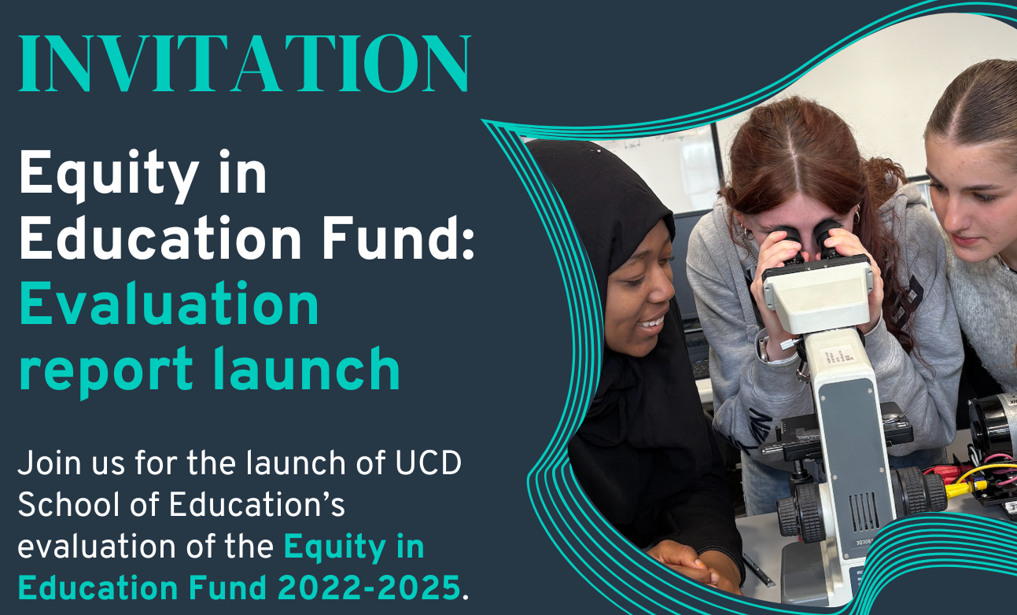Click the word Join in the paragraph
(48, 464)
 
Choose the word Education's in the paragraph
(259, 505)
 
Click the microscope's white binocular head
(818, 291)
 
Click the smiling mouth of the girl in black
(652, 322)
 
